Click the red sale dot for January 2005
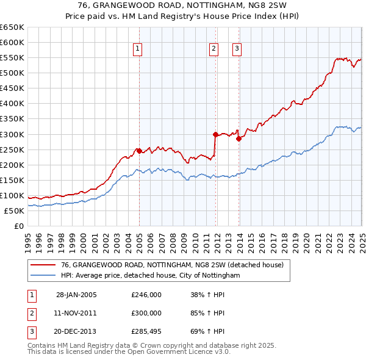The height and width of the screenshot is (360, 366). pyautogui.click(x=139, y=150)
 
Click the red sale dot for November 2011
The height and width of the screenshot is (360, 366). pyautogui.click(x=215, y=134)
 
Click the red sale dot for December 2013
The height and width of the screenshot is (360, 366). pyautogui.click(x=239, y=139)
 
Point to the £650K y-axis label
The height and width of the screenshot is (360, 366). pyautogui.click(x=12, y=27)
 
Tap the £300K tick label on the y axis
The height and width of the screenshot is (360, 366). pyautogui.click(x=12, y=134)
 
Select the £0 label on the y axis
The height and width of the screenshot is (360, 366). pyautogui.click(x=18, y=226)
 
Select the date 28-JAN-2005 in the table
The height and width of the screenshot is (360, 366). pyautogui.click(x=76, y=295)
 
